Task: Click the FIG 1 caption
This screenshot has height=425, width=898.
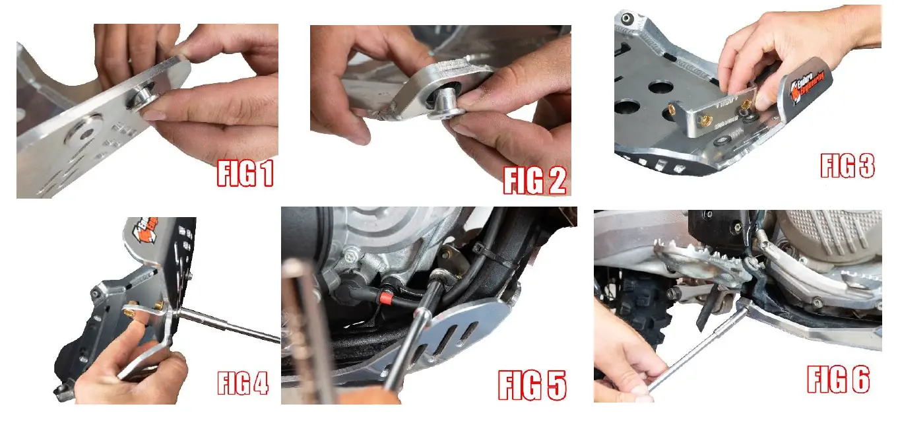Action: tap(245, 174)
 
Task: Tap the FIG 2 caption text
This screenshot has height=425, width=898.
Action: tap(534, 180)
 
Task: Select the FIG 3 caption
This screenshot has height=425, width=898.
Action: tap(847, 165)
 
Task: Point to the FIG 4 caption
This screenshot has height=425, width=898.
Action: tap(243, 383)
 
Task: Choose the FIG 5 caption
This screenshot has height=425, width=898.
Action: tap(532, 385)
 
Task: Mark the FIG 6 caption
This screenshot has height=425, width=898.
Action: tap(838, 379)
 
